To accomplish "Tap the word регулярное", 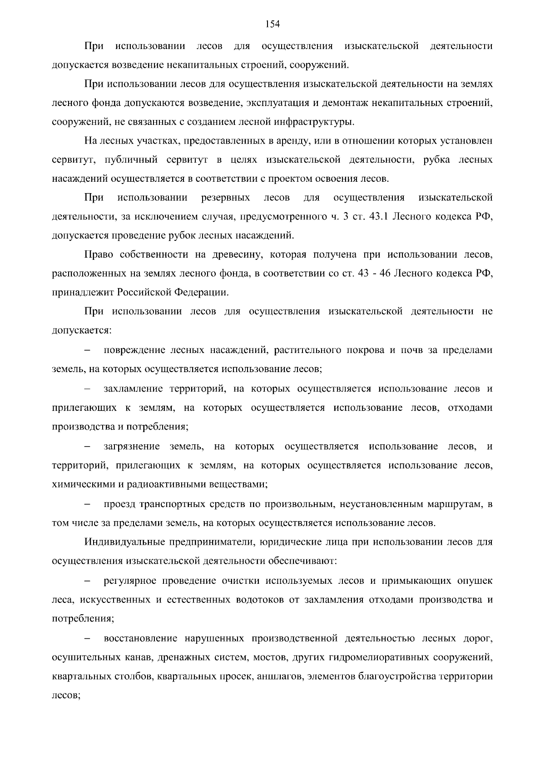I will [x=130, y=581].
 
